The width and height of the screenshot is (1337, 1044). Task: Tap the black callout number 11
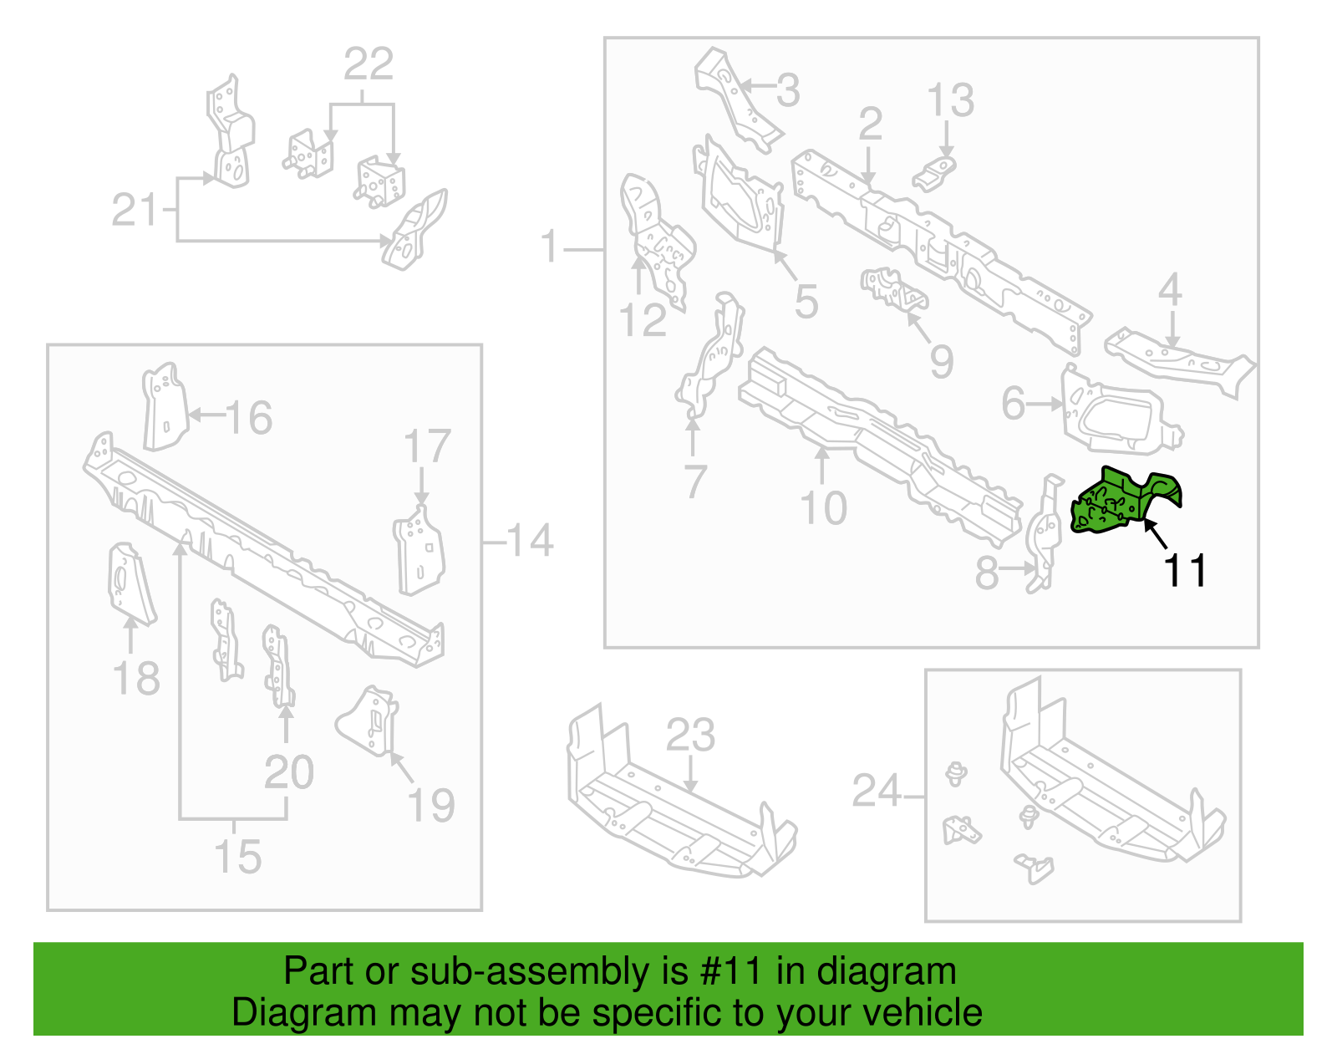(x=1184, y=570)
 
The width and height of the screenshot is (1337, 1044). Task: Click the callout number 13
(x=951, y=99)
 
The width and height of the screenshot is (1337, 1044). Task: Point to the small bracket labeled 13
(x=934, y=174)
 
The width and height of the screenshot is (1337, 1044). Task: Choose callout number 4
(x=1170, y=289)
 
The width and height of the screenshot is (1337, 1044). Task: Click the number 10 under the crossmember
(x=823, y=508)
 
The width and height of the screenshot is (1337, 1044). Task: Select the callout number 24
(x=877, y=791)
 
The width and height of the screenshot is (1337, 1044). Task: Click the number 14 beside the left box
(x=530, y=541)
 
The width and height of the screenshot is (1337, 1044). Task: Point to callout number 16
(x=248, y=417)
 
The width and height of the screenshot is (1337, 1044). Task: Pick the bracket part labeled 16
(x=165, y=406)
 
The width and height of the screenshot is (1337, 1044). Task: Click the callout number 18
(x=136, y=679)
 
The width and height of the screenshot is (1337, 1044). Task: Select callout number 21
(x=135, y=210)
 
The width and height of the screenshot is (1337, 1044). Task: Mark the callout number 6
(x=1014, y=404)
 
